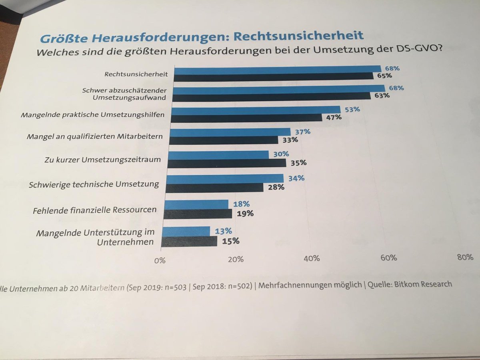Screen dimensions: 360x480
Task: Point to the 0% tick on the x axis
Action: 160,260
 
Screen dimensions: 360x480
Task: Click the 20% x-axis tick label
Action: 235,259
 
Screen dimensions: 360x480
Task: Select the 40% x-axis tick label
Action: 312,258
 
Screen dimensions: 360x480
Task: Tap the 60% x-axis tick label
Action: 388,258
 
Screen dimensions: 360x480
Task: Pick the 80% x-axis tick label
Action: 465,257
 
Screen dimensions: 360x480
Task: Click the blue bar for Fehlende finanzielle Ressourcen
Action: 196,204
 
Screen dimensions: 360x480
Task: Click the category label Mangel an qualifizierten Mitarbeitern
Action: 94,136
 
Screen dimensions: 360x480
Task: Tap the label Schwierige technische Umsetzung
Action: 94,185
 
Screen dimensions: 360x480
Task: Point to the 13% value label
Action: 223,231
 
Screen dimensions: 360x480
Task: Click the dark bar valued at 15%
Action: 190,241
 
